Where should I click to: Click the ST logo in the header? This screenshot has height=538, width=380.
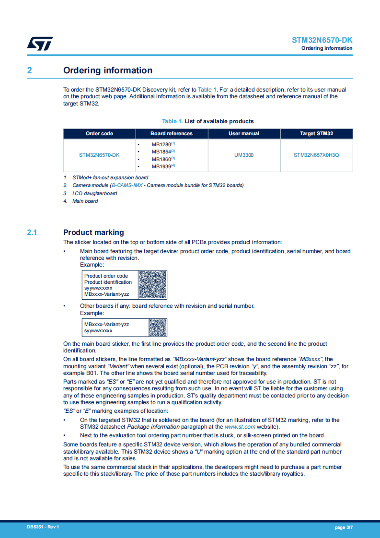39,43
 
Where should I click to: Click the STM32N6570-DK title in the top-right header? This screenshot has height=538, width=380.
322,40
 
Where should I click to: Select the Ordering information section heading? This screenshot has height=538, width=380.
108,70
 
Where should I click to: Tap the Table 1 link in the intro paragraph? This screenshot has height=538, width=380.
207,90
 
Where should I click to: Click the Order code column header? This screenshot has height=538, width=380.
99,133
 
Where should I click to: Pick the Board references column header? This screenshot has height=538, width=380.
171,133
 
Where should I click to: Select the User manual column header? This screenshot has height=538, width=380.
244,133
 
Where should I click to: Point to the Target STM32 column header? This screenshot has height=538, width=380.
316,133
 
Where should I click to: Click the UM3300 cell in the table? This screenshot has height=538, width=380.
244,155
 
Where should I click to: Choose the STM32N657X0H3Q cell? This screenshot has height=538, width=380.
316,155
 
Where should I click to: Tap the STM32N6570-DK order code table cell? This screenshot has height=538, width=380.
99,155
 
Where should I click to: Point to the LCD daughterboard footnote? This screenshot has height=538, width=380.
94,193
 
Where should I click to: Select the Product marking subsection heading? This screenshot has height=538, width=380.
93,233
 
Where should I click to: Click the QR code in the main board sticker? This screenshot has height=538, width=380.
152,285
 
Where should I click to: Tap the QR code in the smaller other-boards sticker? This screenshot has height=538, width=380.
158,327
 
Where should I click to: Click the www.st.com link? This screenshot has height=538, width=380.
240,427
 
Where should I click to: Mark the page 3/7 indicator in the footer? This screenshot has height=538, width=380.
344,527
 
